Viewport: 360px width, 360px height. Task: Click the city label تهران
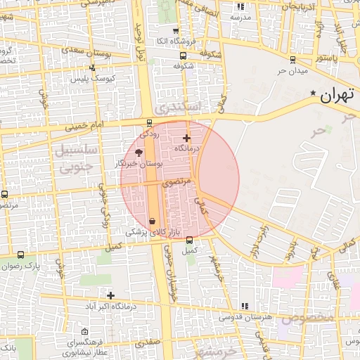[335, 96]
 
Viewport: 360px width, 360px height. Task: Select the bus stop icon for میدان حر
[292, 60]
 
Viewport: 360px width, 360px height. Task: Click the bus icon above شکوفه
[184, 56]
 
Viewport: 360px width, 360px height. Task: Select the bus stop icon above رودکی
[148, 122]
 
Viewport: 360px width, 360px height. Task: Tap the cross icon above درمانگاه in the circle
[186, 138]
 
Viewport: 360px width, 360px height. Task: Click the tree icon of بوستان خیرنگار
[139, 152]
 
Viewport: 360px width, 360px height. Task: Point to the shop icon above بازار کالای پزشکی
[153, 221]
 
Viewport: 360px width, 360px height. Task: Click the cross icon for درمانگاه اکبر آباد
[110, 295]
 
